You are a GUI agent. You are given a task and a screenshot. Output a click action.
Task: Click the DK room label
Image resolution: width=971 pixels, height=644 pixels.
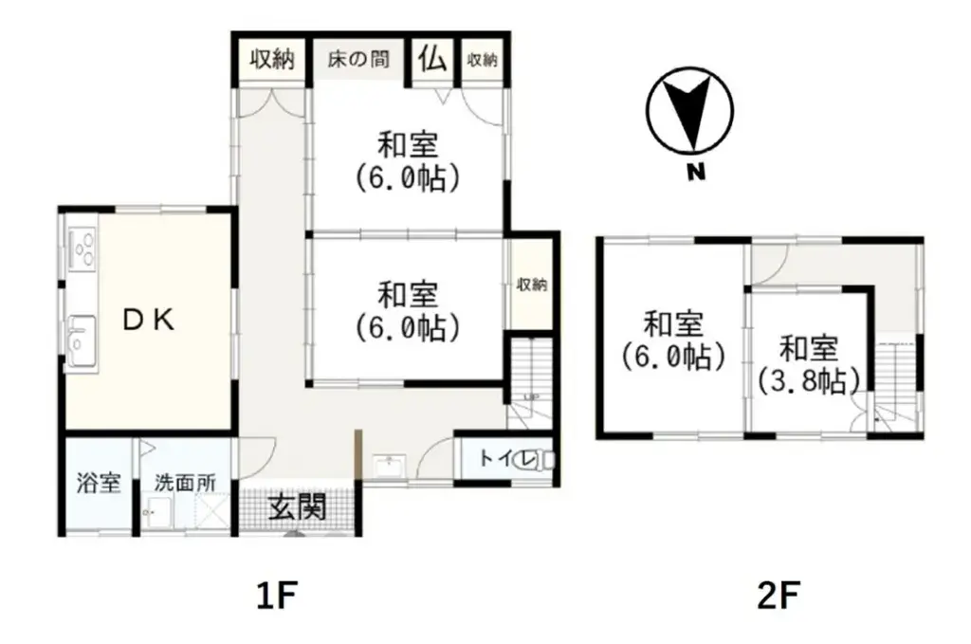pyautogui.click(x=149, y=321)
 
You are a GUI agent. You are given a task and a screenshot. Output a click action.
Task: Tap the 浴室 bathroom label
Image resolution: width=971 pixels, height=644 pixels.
pyautogui.click(x=99, y=482)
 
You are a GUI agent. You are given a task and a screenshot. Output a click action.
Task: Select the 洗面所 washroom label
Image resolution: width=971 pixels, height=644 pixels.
pyautogui.click(x=185, y=482)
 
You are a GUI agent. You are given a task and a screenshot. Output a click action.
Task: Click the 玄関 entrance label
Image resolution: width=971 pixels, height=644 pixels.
pyautogui.click(x=296, y=507)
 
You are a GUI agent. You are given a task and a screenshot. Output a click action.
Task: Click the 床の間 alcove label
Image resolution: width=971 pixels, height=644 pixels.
pyautogui.click(x=357, y=59)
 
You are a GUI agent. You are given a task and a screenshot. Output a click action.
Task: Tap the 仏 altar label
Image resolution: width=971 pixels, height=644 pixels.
pyautogui.click(x=432, y=59)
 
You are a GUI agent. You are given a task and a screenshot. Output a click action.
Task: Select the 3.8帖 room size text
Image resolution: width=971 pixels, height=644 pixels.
pyautogui.click(x=809, y=380)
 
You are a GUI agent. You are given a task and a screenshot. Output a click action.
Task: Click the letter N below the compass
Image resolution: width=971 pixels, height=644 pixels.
pyautogui.click(x=695, y=173)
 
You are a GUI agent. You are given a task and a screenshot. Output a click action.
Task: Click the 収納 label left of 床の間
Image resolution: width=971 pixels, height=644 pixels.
pyautogui.click(x=272, y=59)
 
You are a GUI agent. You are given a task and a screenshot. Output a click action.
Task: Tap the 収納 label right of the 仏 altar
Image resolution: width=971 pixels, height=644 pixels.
pyautogui.click(x=482, y=59)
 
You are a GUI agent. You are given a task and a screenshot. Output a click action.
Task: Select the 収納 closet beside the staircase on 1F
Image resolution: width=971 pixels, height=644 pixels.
pyautogui.click(x=530, y=285)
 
